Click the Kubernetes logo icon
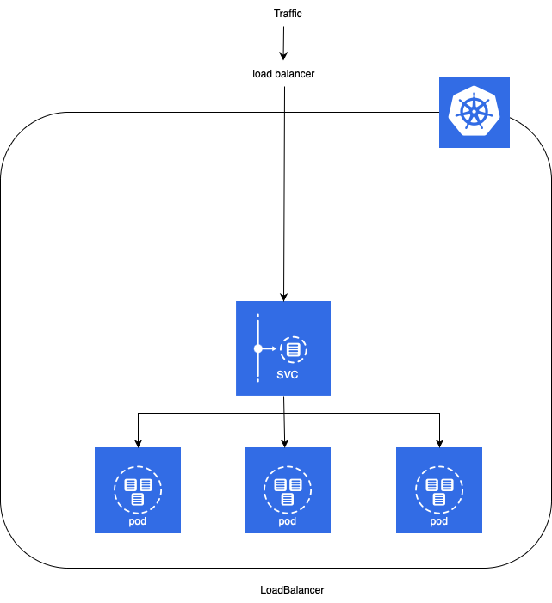474,113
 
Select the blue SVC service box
283,348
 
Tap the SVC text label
288,375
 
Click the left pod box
138,490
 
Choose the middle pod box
288,490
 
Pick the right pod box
439,490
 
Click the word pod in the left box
138,521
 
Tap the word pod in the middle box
288,521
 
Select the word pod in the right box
439,521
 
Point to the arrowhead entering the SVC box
283,297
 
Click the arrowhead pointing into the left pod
138,444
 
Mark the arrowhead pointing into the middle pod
285,444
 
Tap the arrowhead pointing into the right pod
439,444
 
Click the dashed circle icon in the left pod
138,490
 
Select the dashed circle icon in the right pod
439,490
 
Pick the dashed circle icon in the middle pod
288,490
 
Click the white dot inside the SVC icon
257,349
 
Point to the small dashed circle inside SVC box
294,349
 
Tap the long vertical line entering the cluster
284,206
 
